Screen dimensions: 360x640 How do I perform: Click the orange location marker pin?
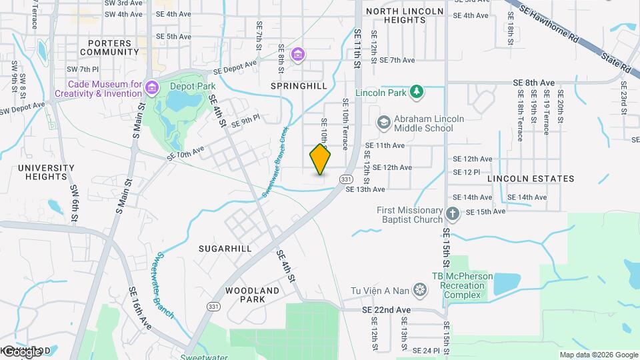point(320,159)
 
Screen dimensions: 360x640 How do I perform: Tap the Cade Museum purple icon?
point(153,87)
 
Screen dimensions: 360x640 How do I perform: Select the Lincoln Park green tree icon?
point(417,91)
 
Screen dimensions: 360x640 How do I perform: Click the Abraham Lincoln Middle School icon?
point(383,123)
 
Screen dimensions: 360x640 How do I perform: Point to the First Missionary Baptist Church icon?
point(453,214)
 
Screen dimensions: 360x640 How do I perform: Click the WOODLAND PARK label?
point(253,295)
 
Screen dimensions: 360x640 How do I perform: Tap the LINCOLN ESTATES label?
point(531,179)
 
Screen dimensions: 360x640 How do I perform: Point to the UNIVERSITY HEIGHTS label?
point(46,172)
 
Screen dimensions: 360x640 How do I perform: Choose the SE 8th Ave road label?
point(534,83)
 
